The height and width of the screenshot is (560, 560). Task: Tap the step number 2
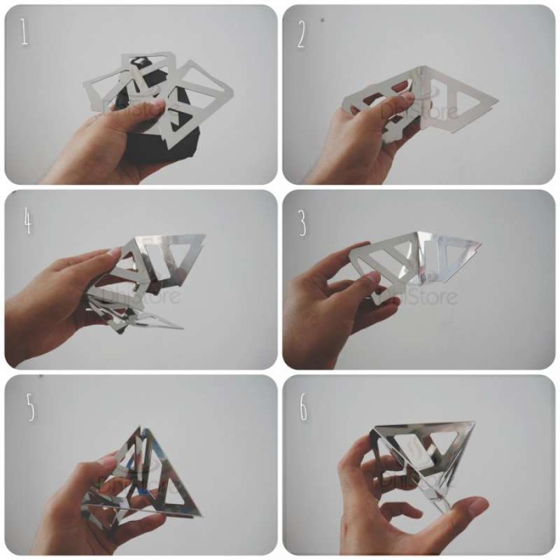(x=302, y=35)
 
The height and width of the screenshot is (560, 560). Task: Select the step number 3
(x=302, y=223)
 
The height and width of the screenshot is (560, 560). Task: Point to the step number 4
(x=27, y=222)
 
